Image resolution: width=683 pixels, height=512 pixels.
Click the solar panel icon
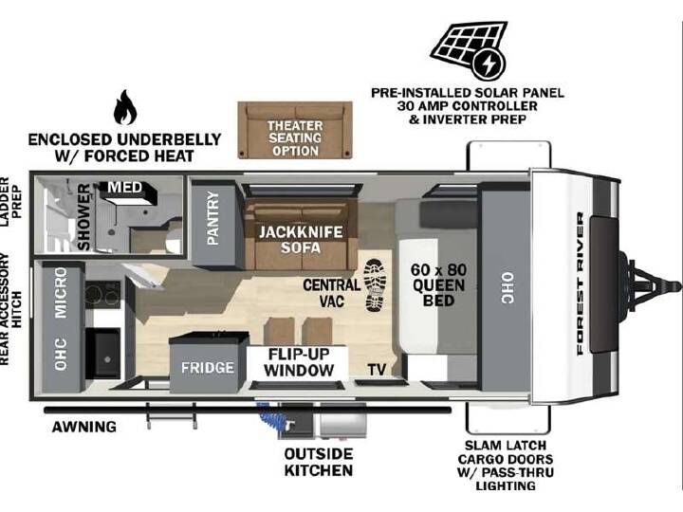tap(470, 51)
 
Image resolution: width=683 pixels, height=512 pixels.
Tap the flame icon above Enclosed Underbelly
tap(125, 107)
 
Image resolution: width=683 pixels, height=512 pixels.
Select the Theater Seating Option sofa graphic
tap(295, 130)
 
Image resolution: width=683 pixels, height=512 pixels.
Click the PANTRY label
tap(213, 218)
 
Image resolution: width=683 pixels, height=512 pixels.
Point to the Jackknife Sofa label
tap(301, 240)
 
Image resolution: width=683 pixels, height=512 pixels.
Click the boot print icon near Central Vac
tap(375, 285)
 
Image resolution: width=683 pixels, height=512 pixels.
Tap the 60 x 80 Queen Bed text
tap(438, 285)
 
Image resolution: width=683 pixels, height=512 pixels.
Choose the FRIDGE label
tap(208, 368)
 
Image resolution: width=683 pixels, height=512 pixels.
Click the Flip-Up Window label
tap(299, 362)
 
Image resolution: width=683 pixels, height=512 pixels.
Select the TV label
tap(377, 370)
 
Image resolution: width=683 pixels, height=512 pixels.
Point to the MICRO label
tap(61, 293)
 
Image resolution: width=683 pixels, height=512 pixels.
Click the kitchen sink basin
tap(103, 353)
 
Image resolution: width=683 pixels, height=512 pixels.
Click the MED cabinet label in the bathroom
tap(125, 188)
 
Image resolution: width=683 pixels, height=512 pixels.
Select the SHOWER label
tap(83, 217)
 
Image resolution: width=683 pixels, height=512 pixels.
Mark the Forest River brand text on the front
tap(581, 283)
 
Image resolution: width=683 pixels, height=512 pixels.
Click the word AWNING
tap(84, 427)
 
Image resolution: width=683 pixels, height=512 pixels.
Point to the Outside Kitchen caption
tap(319, 462)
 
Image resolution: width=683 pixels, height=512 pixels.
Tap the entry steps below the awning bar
tap(171, 416)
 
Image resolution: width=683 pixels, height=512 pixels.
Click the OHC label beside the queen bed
tap(508, 288)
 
